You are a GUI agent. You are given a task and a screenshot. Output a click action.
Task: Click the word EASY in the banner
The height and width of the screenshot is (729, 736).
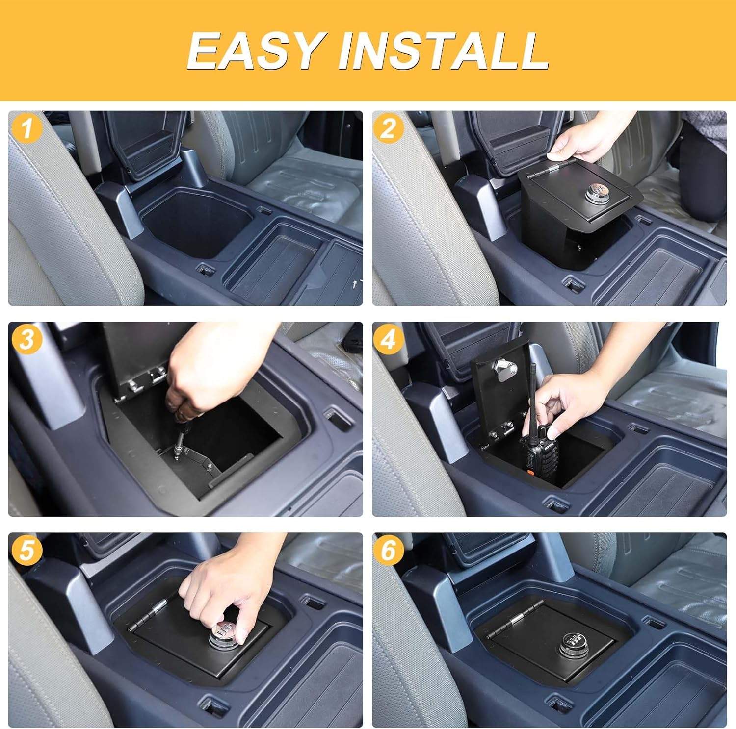click(x=254, y=50)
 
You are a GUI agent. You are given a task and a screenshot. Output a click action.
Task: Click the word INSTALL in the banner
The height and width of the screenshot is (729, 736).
click(x=443, y=50)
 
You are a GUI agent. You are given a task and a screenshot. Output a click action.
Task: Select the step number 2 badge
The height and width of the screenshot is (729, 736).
click(x=388, y=128)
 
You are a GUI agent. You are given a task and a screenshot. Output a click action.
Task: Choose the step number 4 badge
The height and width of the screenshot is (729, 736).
click(x=388, y=339)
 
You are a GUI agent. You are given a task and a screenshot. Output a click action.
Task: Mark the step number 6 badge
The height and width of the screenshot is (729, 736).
click(x=388, y=550)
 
